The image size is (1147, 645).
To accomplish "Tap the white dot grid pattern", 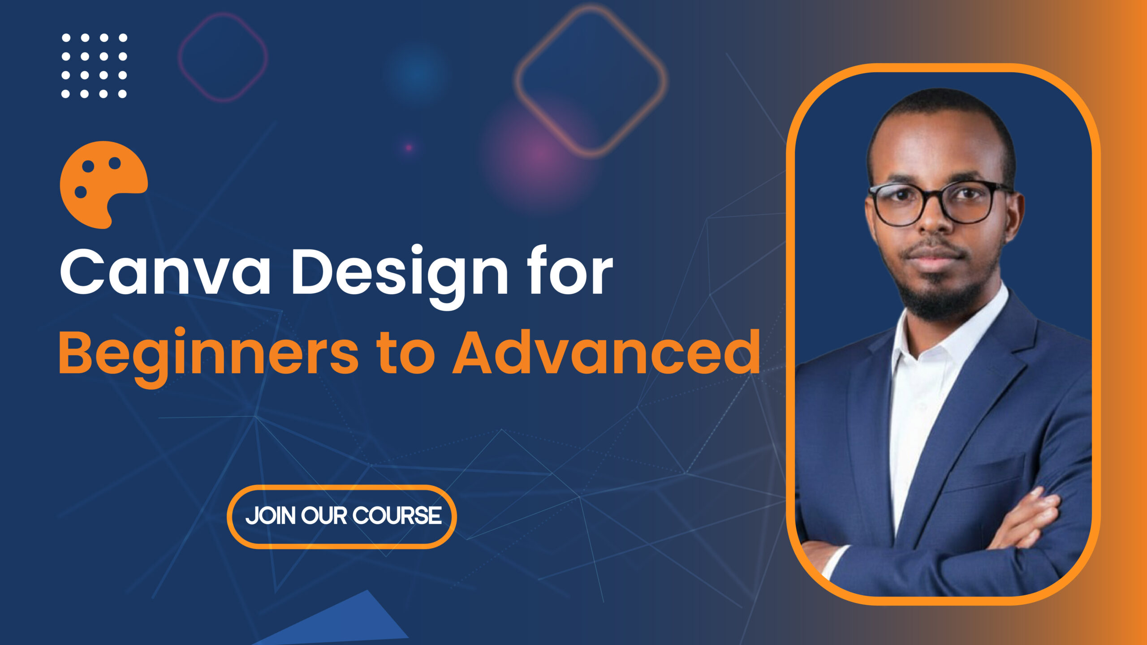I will [94, 65].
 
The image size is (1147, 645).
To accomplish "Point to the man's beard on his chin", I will [941, 300].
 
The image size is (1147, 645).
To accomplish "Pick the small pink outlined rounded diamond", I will [223, 57].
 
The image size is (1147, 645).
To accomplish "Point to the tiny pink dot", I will [409, 147].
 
